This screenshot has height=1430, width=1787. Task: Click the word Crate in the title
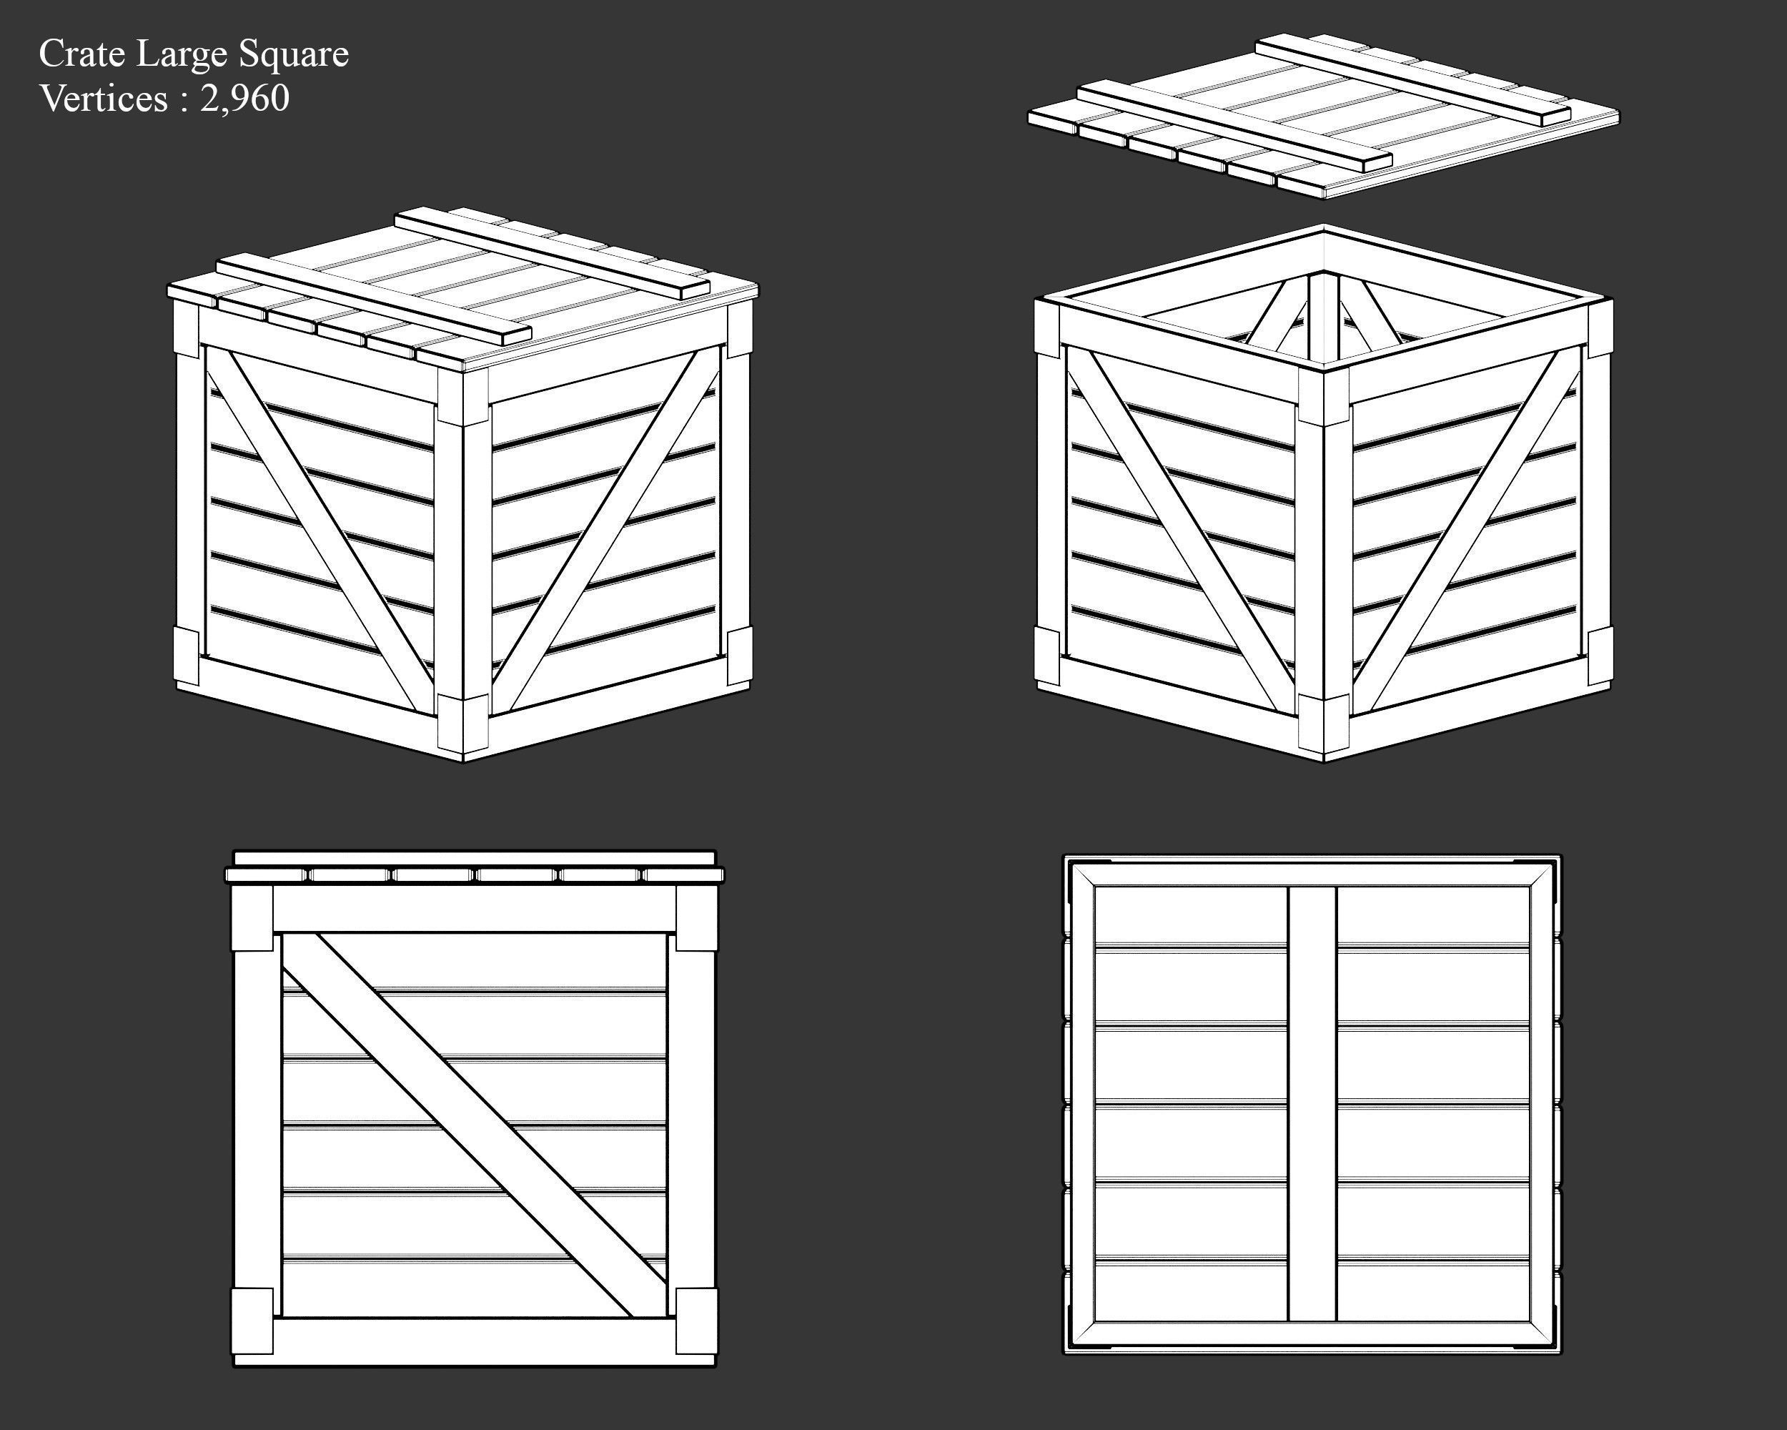82,55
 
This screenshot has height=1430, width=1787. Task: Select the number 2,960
244,99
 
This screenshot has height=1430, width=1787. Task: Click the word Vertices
104,99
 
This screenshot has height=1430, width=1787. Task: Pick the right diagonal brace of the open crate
1467,531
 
